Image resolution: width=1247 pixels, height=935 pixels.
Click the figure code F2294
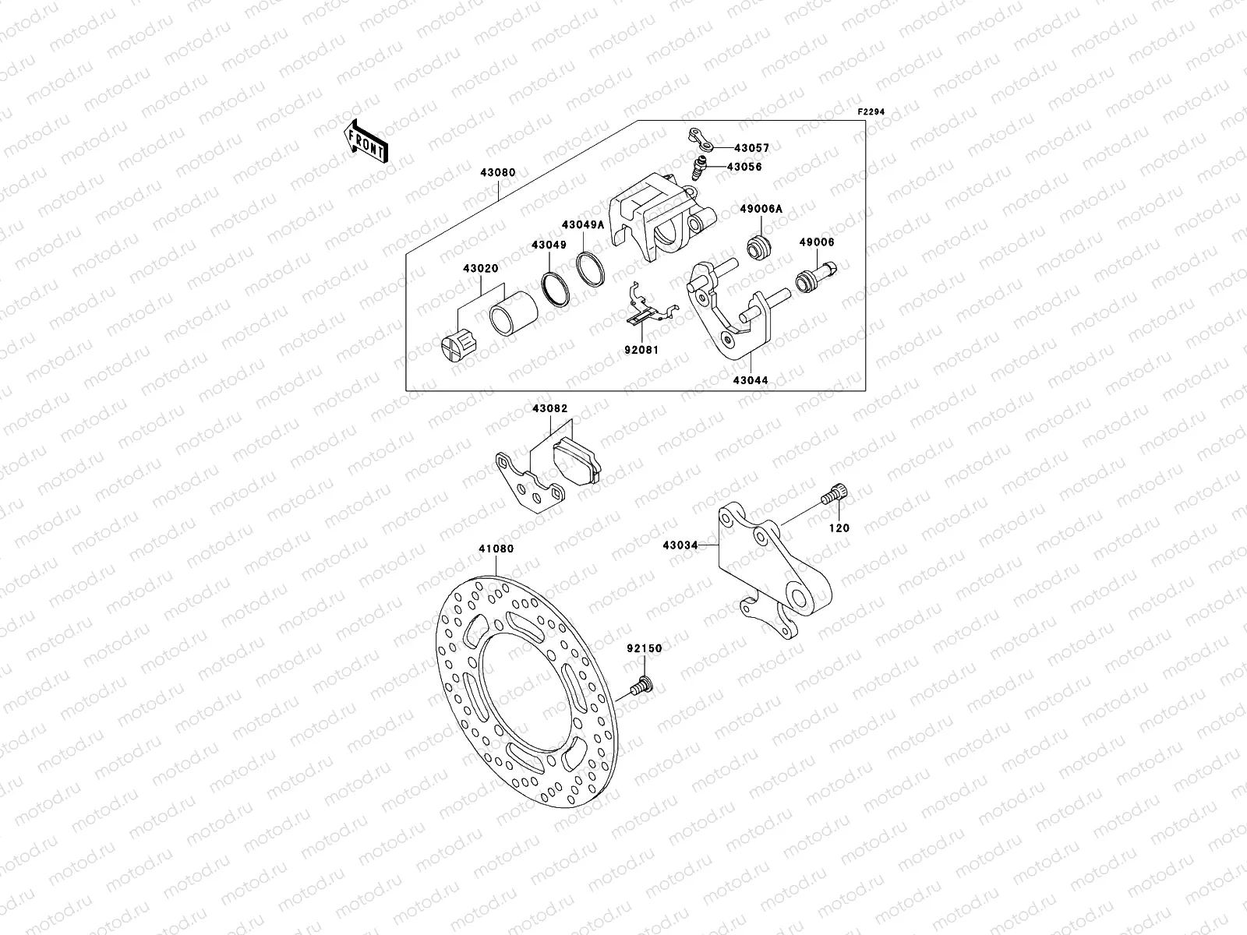871,112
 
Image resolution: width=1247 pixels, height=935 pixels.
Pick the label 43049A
582,224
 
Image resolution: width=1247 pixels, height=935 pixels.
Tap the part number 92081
641,350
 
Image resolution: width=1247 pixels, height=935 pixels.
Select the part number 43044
751,380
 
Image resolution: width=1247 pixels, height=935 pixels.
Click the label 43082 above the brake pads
550,408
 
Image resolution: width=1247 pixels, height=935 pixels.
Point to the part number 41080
496,549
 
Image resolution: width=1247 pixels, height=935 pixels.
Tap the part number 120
839,527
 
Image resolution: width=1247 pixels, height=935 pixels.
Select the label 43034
680,545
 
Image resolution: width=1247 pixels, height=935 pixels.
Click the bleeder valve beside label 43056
694,168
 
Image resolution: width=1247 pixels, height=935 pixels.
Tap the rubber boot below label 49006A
758,249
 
